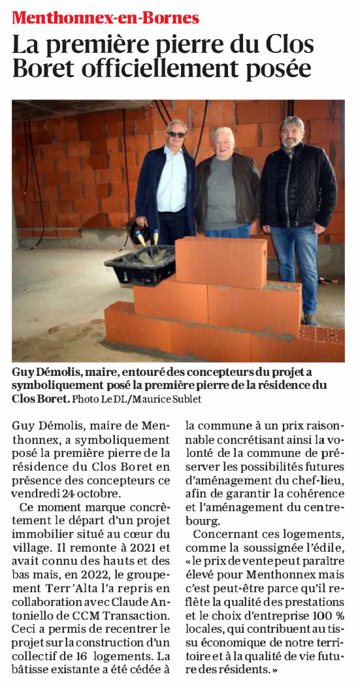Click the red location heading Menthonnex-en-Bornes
click(105, 18)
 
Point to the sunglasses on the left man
click(176, 134)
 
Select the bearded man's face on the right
click(291, 132)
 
